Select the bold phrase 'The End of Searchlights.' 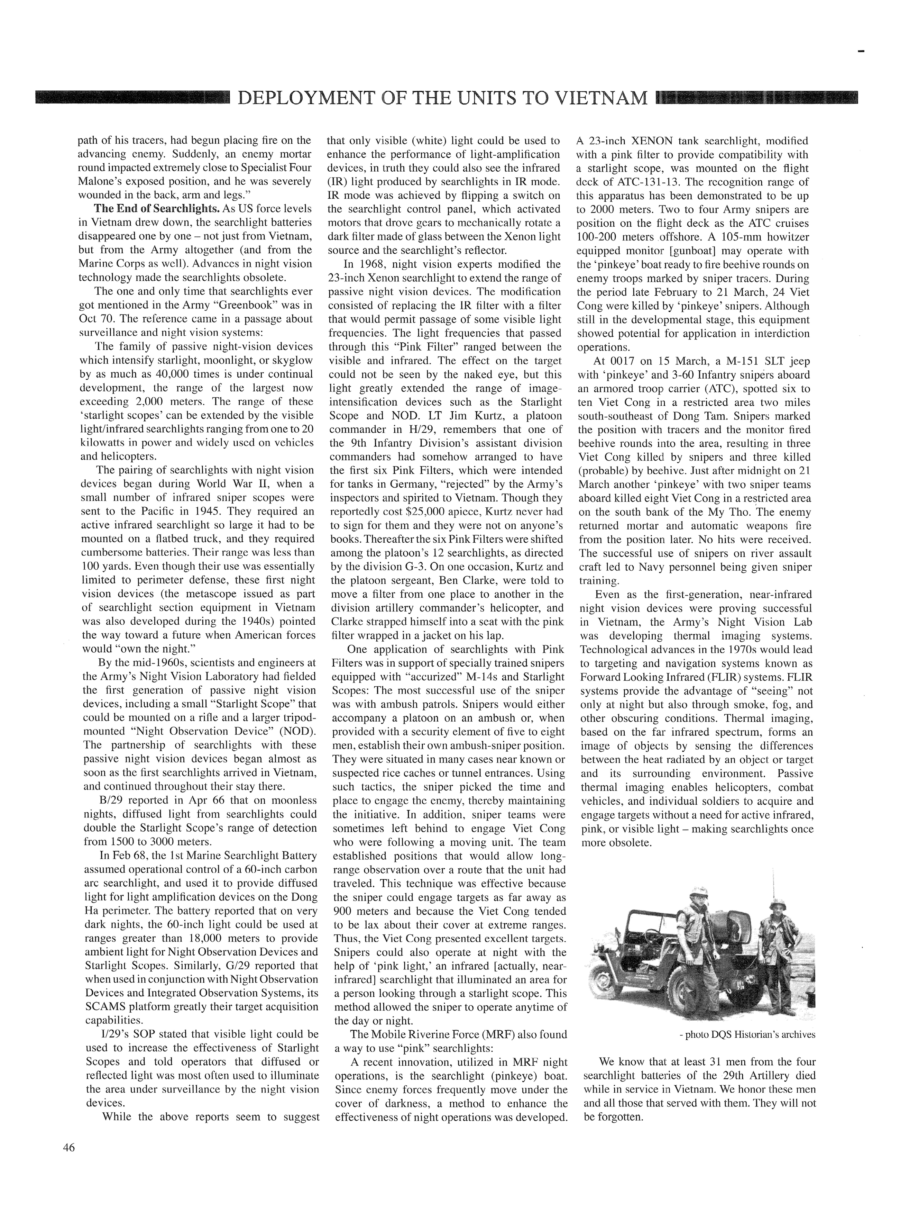point(156,209)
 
